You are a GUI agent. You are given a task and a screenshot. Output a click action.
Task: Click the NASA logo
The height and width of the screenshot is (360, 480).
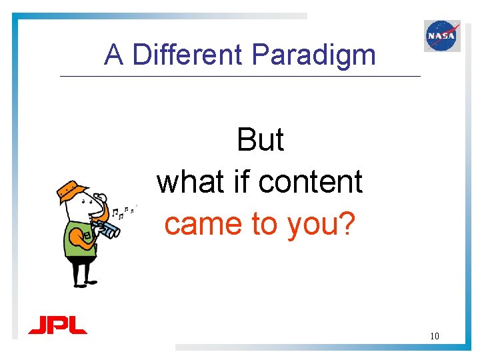coord(442,35)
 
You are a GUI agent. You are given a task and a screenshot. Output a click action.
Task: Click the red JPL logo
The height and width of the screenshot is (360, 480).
coord(58,325)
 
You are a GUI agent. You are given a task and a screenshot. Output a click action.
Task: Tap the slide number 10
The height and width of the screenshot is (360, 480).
coord(434,335)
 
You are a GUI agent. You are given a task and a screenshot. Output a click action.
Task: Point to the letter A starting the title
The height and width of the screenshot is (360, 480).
coord(113,55)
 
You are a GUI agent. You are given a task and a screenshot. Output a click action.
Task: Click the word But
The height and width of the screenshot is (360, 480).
coord(260,141)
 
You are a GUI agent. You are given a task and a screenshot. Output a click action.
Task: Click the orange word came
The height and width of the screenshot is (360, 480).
coord(204,225)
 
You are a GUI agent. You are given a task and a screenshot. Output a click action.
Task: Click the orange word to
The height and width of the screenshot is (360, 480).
coord(264,225)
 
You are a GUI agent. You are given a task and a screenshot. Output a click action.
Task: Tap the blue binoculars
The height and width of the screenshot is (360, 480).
coord(107,229)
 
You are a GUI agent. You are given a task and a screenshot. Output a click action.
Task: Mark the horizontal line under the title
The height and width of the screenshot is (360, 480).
coord(240,77)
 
